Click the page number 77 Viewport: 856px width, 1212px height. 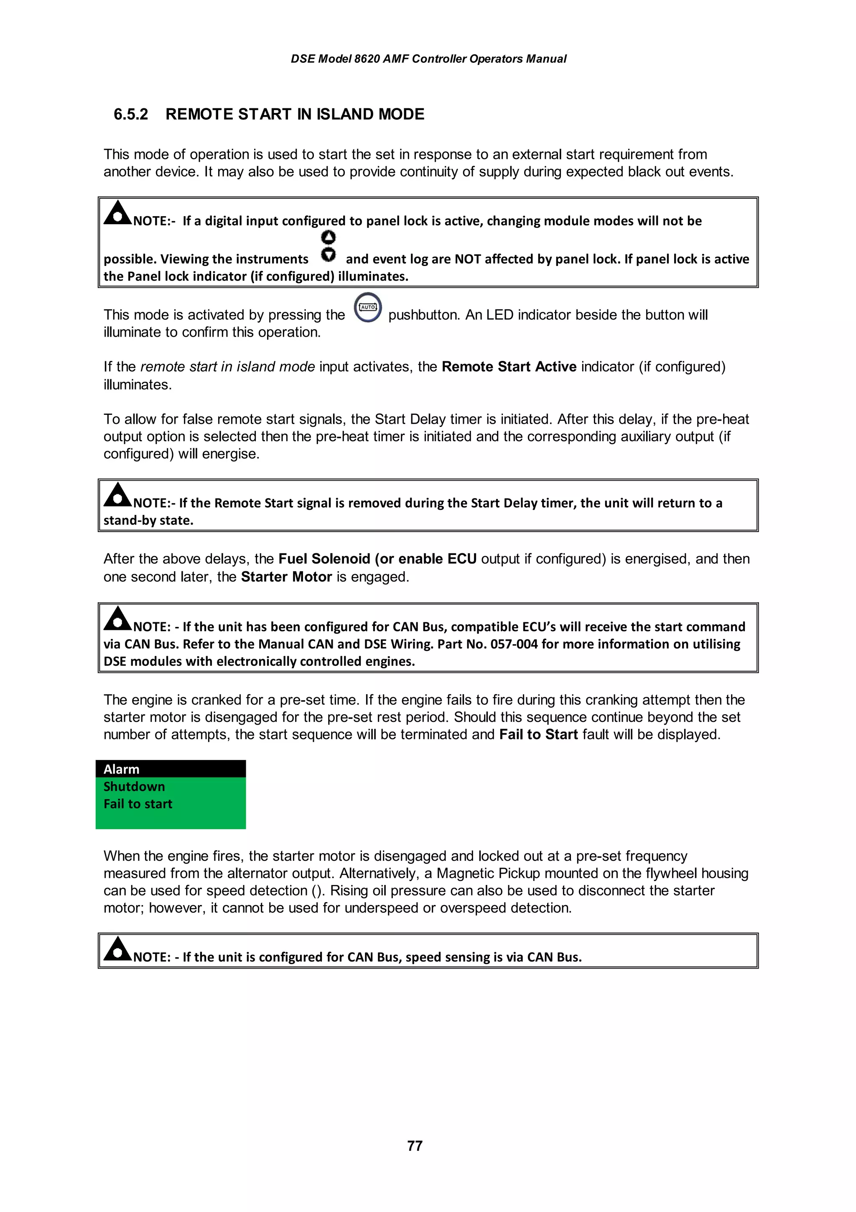coord(415,1146)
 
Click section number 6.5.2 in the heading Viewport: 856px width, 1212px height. coord(131,114)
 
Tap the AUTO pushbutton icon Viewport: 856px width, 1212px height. coord(368,307)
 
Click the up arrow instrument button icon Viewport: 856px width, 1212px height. coord(328,238)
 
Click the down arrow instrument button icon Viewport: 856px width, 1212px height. coord(328,254)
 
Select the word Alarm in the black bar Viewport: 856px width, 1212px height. coord(121,769)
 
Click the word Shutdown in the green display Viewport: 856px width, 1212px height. coord(134,787)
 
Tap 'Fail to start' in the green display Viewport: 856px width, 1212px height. coord(138,804)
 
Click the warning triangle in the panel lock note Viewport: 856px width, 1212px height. coord(117,213)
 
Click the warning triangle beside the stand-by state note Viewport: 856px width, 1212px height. coord(117,496)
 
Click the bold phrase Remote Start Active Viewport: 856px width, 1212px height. coord(509,367)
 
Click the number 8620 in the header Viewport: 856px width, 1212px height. coord(367,59)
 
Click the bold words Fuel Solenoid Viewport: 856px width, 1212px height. coord(324,559)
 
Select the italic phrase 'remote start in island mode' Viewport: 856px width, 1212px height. coord(227,367)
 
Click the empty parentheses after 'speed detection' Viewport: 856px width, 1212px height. coord(318,890)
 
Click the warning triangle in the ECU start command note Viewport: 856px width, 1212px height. coord(117,619)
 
